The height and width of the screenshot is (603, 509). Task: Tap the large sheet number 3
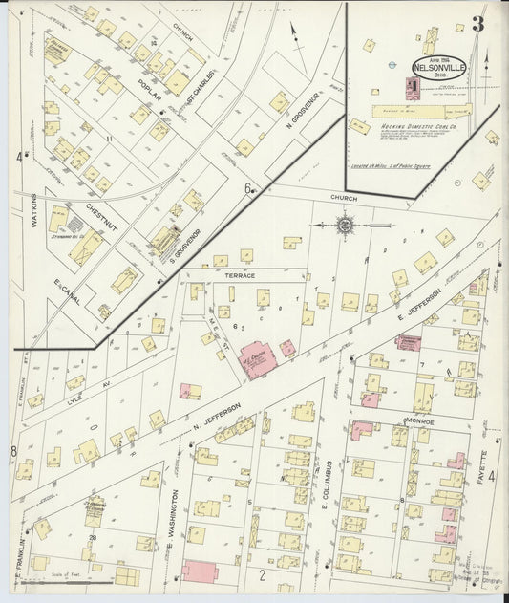coord(477,25)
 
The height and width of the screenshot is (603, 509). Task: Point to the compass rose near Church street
coord(344,226)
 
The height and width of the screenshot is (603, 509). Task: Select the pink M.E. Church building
coord(258,360)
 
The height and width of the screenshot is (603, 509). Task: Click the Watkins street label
coord(32,211)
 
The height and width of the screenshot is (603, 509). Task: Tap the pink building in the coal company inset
coord(412,89)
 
